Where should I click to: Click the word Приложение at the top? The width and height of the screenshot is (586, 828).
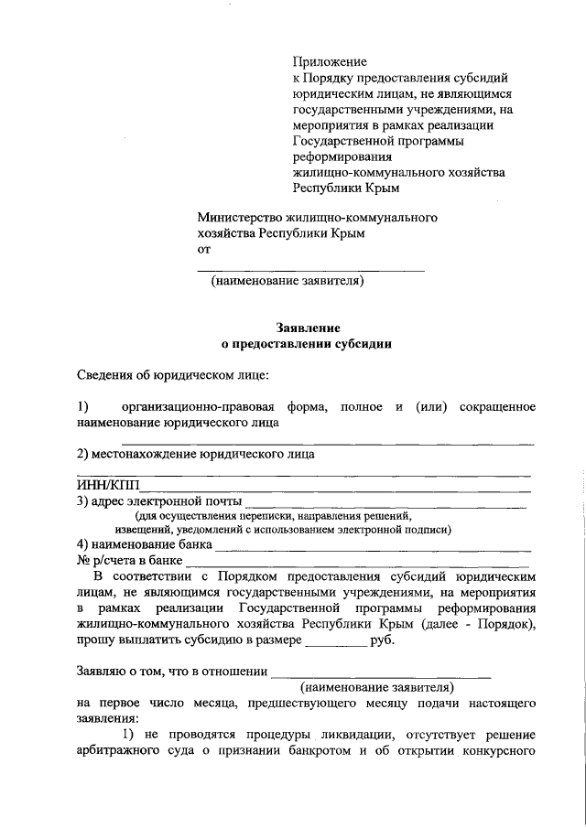(x=329, y=61)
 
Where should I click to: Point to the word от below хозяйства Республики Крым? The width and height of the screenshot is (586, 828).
(x=204, y=249)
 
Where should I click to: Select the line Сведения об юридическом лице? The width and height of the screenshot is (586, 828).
(x=172, y=375)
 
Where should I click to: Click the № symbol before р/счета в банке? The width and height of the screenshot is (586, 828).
(x=82, y=560)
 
